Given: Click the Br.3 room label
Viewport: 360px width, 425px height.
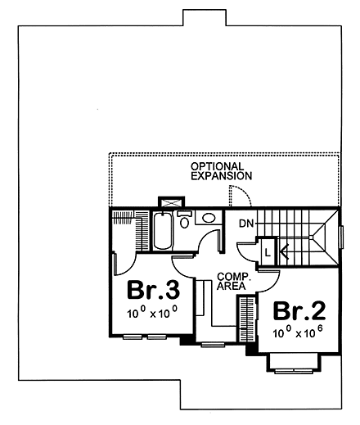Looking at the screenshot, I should pyautogui.click(x=152, y=292).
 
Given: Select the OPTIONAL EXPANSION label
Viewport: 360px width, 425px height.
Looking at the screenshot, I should pyautogui.click(x=221, y=170).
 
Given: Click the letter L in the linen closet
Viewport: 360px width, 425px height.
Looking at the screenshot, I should pyautogui.click(x=268, y=251).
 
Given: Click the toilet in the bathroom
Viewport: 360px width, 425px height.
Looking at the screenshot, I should pyautogui.click(x=185, y=220).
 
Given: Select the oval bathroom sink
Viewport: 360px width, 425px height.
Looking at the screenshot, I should pyautogui.click(x=208, y=218).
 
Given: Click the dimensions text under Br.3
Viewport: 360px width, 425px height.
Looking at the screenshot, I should pyautogui.click(x=152, y=314).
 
